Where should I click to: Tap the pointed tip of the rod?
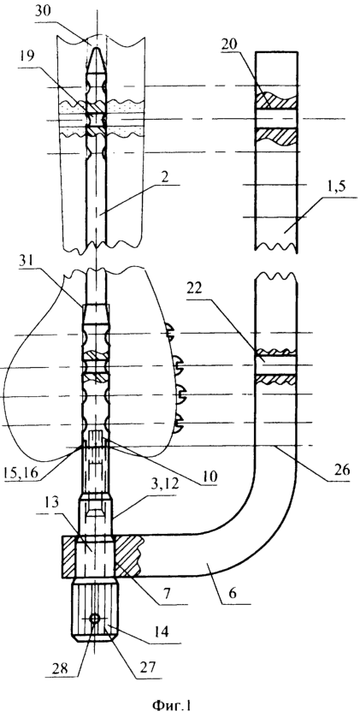pos(97,46)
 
